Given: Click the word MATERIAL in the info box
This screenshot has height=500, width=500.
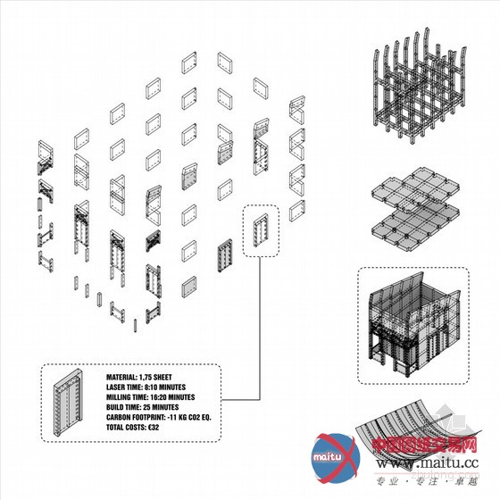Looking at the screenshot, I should (x=122, y=378).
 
